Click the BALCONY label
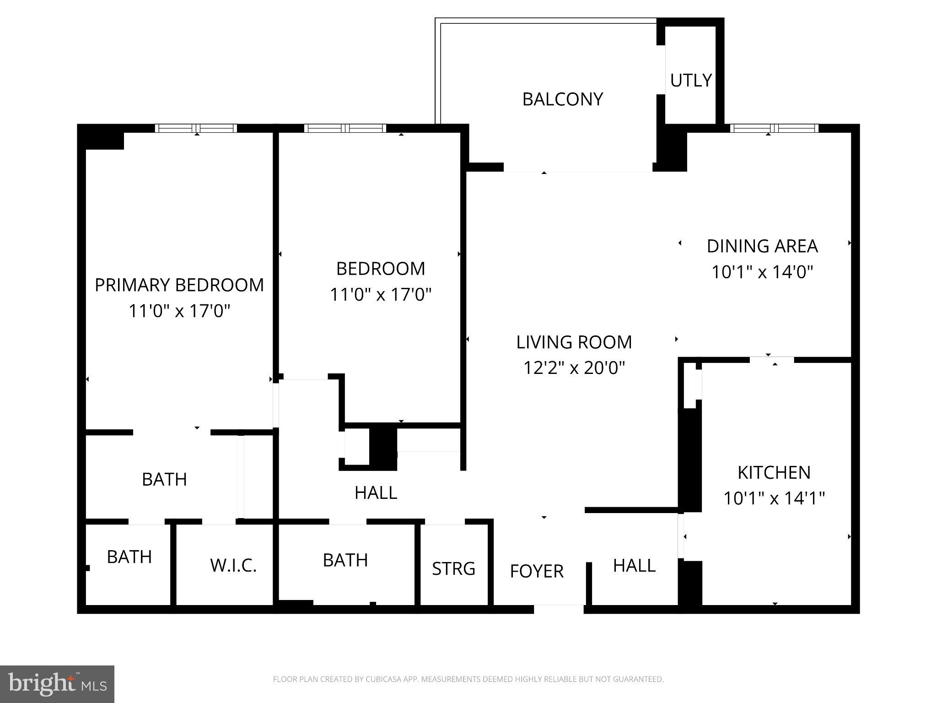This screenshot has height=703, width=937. point(562,99)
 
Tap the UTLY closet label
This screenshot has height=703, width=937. point(691,80)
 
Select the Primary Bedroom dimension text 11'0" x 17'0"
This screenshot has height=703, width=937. point(179,311)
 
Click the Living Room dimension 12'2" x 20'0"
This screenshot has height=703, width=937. point(574,368)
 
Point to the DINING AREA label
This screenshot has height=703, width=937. point(762,246)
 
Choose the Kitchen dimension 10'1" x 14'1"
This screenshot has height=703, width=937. point(774,498)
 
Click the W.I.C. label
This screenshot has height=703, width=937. point(233,565)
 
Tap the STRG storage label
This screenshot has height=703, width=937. point(453,568)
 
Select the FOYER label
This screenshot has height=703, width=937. point(536,571)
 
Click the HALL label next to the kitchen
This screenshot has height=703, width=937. point(634,566)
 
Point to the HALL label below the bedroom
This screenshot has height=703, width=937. point(376,492)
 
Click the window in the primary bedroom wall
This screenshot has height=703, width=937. point(196,128)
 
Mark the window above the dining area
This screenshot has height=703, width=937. point(774,128)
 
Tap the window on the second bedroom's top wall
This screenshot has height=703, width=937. point(345,128)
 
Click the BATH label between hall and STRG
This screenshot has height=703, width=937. point(345,560)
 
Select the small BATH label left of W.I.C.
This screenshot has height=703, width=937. point(129,557)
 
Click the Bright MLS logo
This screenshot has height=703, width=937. point(57,684)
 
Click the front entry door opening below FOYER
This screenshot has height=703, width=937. point(559,609)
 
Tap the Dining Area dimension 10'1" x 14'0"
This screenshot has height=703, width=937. point(762,272)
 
